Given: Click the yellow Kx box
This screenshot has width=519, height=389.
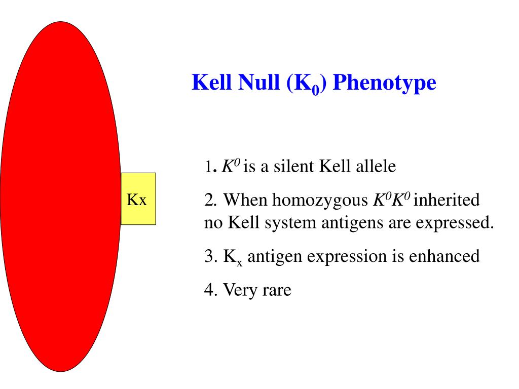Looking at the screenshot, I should tap(138, 199).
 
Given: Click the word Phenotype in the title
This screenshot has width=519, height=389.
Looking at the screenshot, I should tap(385, 82).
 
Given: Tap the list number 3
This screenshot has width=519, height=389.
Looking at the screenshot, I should tap(209, 256).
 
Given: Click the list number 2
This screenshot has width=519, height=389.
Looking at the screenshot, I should tap(209, 200).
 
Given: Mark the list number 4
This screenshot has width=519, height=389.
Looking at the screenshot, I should tap(209, 290).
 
